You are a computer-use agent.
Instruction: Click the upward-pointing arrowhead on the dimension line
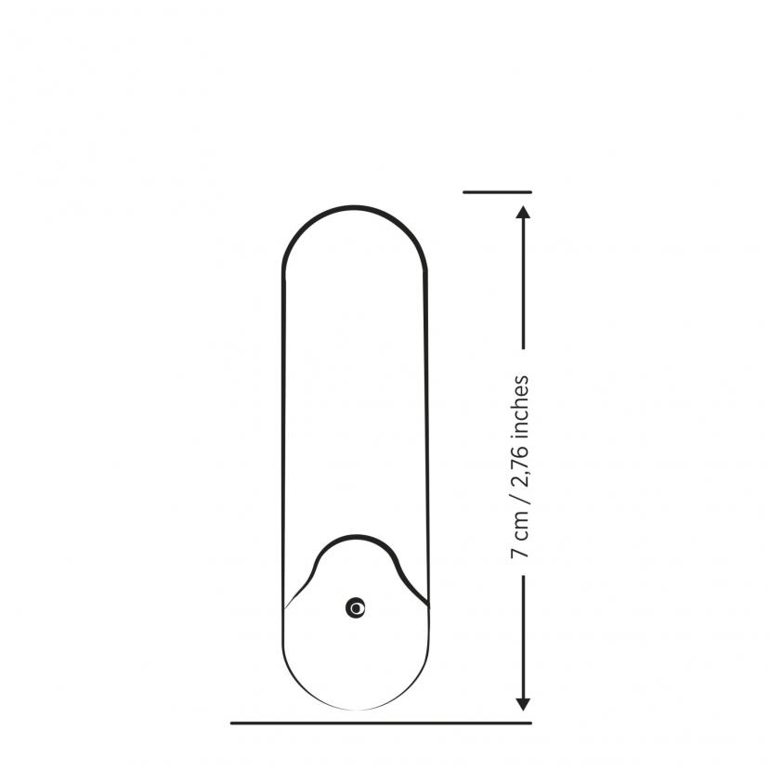pyautogui.click(x=523, y=212)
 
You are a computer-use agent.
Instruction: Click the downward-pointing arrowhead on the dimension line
pyautogui.click(x=523, y=704)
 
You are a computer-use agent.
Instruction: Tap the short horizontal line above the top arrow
pyautogui.click(x=497, y=192)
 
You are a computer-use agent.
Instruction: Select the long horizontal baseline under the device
pyautogui.click(x=381, y=723)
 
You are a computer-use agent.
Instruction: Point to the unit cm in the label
pyautogui.click(x=521, y=526)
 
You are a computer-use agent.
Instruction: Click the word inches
pyautogui.click(x=521, y=407)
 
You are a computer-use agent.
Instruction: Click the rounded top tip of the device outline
pyautogui.click(x=355, y=207)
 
